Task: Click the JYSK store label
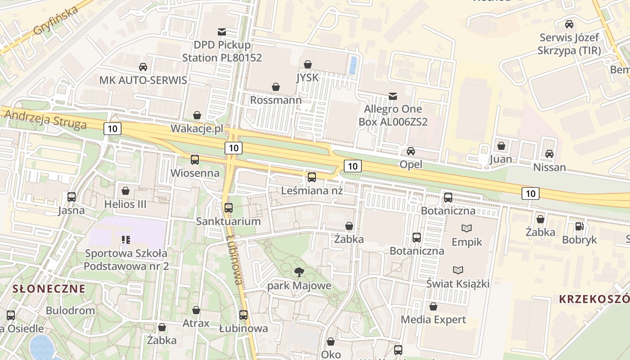click(307, 77)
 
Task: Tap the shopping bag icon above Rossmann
click(275, 86)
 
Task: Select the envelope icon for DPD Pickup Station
click(222, 32)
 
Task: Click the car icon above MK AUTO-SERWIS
click(143, 67)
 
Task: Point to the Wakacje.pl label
click(197, 129)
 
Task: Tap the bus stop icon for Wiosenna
click(195, 159)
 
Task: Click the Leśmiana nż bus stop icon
click(312, 177)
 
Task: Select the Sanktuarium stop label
click(228, 221)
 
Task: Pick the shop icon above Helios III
click(126, 191)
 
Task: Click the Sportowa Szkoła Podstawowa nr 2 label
click(126, 260)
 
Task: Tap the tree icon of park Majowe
click(299, 272)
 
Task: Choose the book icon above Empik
click(467, 229)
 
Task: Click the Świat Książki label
click(458, 283)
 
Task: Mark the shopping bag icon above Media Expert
click(433, 306)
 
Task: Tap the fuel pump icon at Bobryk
click(579, 226)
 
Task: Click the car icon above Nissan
click(549, 154)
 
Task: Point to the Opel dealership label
click(411, 164)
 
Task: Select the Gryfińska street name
click(56, 22)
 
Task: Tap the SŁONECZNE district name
click(49, 288)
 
